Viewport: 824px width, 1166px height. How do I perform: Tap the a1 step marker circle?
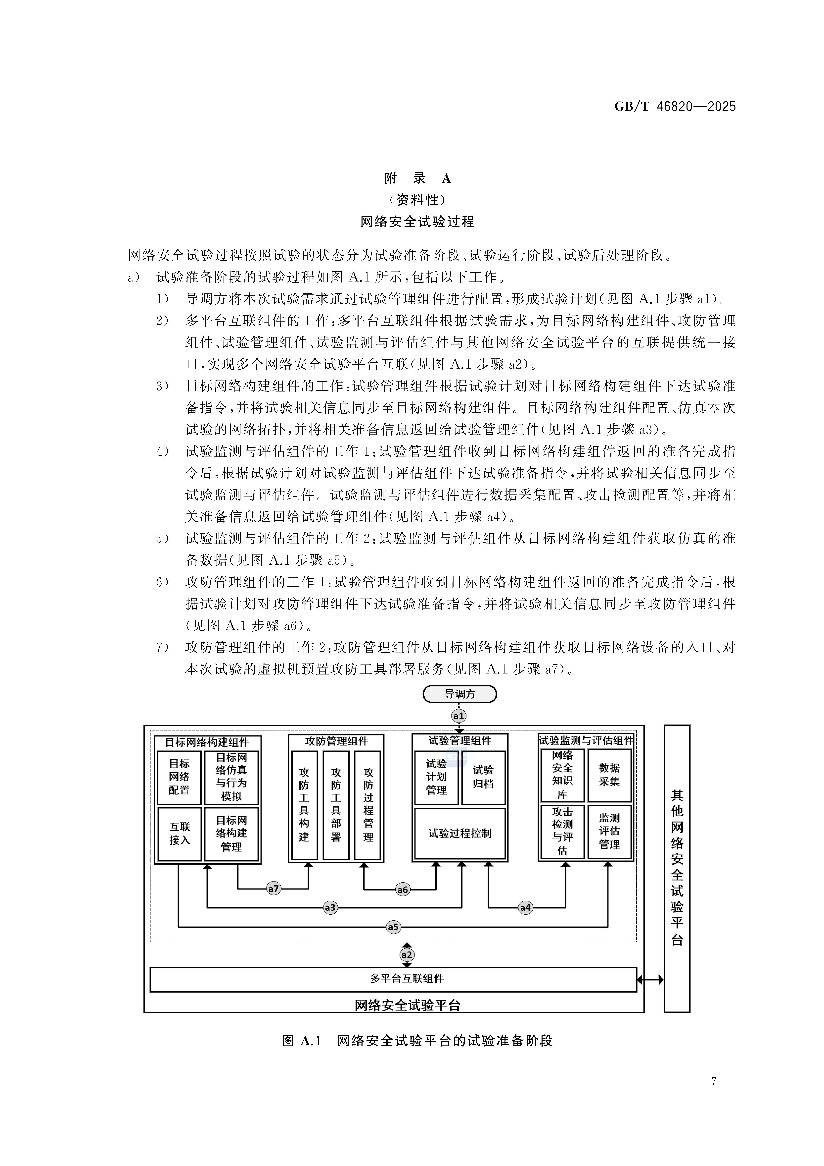459,716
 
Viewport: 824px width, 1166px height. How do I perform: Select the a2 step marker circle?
407,955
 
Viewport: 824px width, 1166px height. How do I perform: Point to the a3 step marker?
330,907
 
